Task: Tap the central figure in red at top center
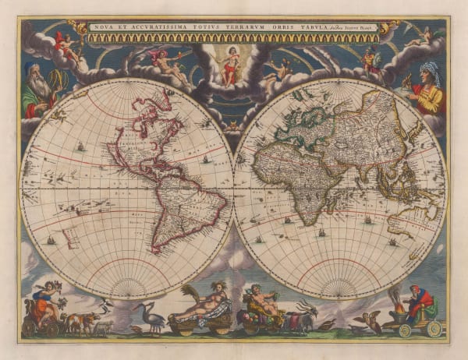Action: (229, 65)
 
